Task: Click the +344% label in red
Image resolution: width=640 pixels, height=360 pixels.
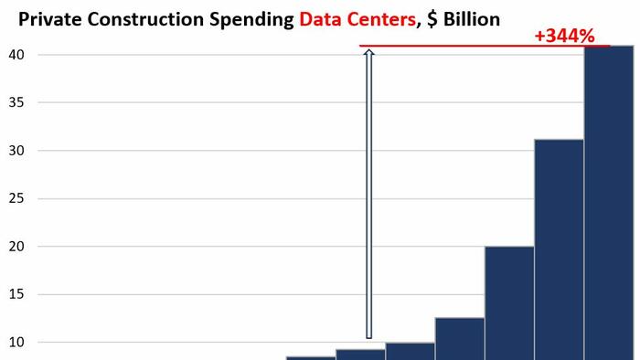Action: coord(565,37)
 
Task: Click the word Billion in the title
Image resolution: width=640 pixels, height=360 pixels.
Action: coord(470,17)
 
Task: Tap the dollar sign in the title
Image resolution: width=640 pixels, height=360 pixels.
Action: coord(432,17)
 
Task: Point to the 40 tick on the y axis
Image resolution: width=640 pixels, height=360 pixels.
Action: coord(17,55)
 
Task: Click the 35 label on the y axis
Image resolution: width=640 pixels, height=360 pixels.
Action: coord(17,103)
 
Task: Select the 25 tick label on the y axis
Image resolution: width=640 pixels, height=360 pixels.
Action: coord(17,198)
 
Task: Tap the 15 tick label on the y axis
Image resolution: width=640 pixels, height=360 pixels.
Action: coord(17,294)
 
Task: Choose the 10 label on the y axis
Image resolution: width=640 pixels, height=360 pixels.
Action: coord(17,342)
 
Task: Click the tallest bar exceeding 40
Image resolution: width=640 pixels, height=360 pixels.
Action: coord(609,201)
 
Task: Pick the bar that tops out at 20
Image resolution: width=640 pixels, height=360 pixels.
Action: coord(509,302)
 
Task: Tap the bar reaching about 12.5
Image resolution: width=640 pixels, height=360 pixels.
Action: coord(459,338)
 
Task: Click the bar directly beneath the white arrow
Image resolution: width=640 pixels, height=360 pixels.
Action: coord(360,354)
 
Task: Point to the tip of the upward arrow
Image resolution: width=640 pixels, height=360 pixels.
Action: coord(369,52)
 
